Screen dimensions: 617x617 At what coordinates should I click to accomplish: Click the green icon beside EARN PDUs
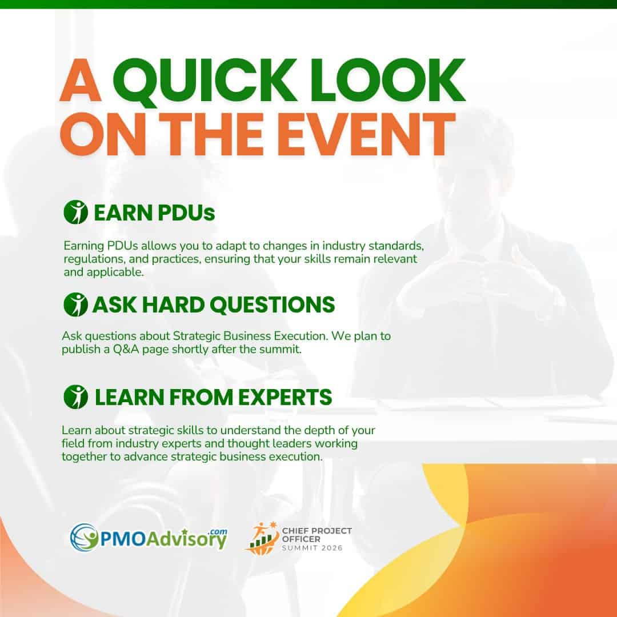(x=75, y=212)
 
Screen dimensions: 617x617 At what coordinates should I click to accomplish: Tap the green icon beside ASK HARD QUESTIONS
(x=75, y=304)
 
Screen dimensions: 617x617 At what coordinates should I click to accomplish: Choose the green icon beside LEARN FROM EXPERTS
(x=75, y=396)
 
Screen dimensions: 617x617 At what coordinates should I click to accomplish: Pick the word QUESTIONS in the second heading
(x=273, y=305)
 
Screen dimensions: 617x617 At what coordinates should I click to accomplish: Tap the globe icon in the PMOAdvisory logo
(x=84, y=537)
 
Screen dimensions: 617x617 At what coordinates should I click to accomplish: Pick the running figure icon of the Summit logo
(x=262, y=538)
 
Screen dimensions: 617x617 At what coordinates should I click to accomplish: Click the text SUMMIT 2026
(x=312, y=548)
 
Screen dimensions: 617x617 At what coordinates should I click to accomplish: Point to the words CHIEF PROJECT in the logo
(x=316, y=531)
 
